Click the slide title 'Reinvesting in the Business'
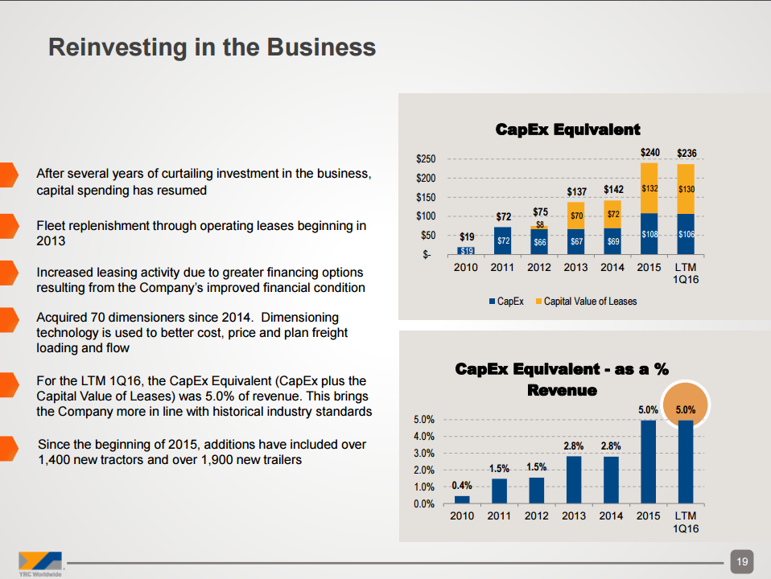pos(212,47)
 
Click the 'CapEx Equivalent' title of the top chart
pos(567,129)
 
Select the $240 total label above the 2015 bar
pos(649,152)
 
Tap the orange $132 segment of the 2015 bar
pos(649,188)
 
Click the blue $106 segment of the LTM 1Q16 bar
pos(686,234)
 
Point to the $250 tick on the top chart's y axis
pos(426,158)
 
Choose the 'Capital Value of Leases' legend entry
pos(589,301)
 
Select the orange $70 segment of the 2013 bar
pos(576,215)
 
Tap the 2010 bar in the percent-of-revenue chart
pos(462,499)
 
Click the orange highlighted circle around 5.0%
pos(686,409)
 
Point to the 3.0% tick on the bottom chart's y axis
pos(423,454)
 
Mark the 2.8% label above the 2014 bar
pos(611,445)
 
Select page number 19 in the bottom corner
pos(741,561)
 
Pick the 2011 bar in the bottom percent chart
pos(499,491)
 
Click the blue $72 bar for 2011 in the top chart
pos(502,240)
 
